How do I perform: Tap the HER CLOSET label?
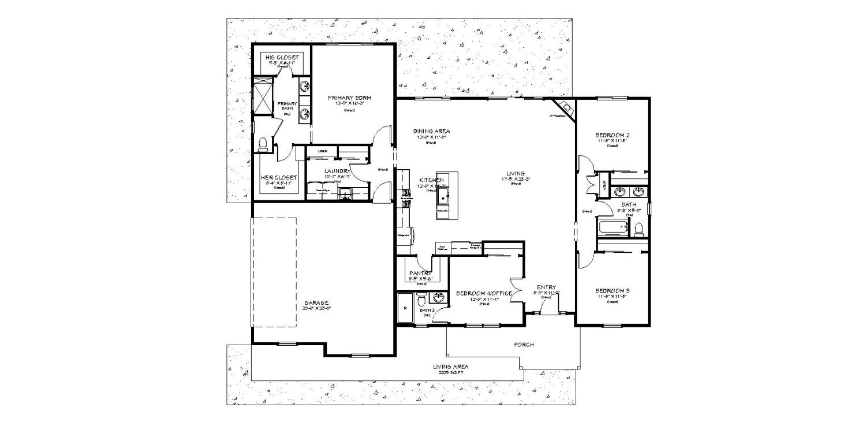click(x=279, y=177)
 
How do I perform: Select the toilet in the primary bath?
click(x=264, y=144)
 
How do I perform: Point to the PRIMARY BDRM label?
click(x=349, y=98)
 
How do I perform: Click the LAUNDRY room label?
click(x=337, y=171)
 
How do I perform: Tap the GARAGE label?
click(x=316, y=302)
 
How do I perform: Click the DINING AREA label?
click(x=431, y=132)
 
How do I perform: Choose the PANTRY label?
click(x=421, y=273)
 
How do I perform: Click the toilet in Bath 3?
click(x=421, y=301)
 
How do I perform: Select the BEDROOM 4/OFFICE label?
click(x=484, y=294)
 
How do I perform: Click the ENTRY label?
click(x=546, y=287)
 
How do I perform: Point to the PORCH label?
click(x=524, y=345)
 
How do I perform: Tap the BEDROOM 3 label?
click(x=612, y=290)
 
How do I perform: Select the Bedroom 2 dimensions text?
click(x=612, y=141)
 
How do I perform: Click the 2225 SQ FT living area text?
click(x=451, y=373)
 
